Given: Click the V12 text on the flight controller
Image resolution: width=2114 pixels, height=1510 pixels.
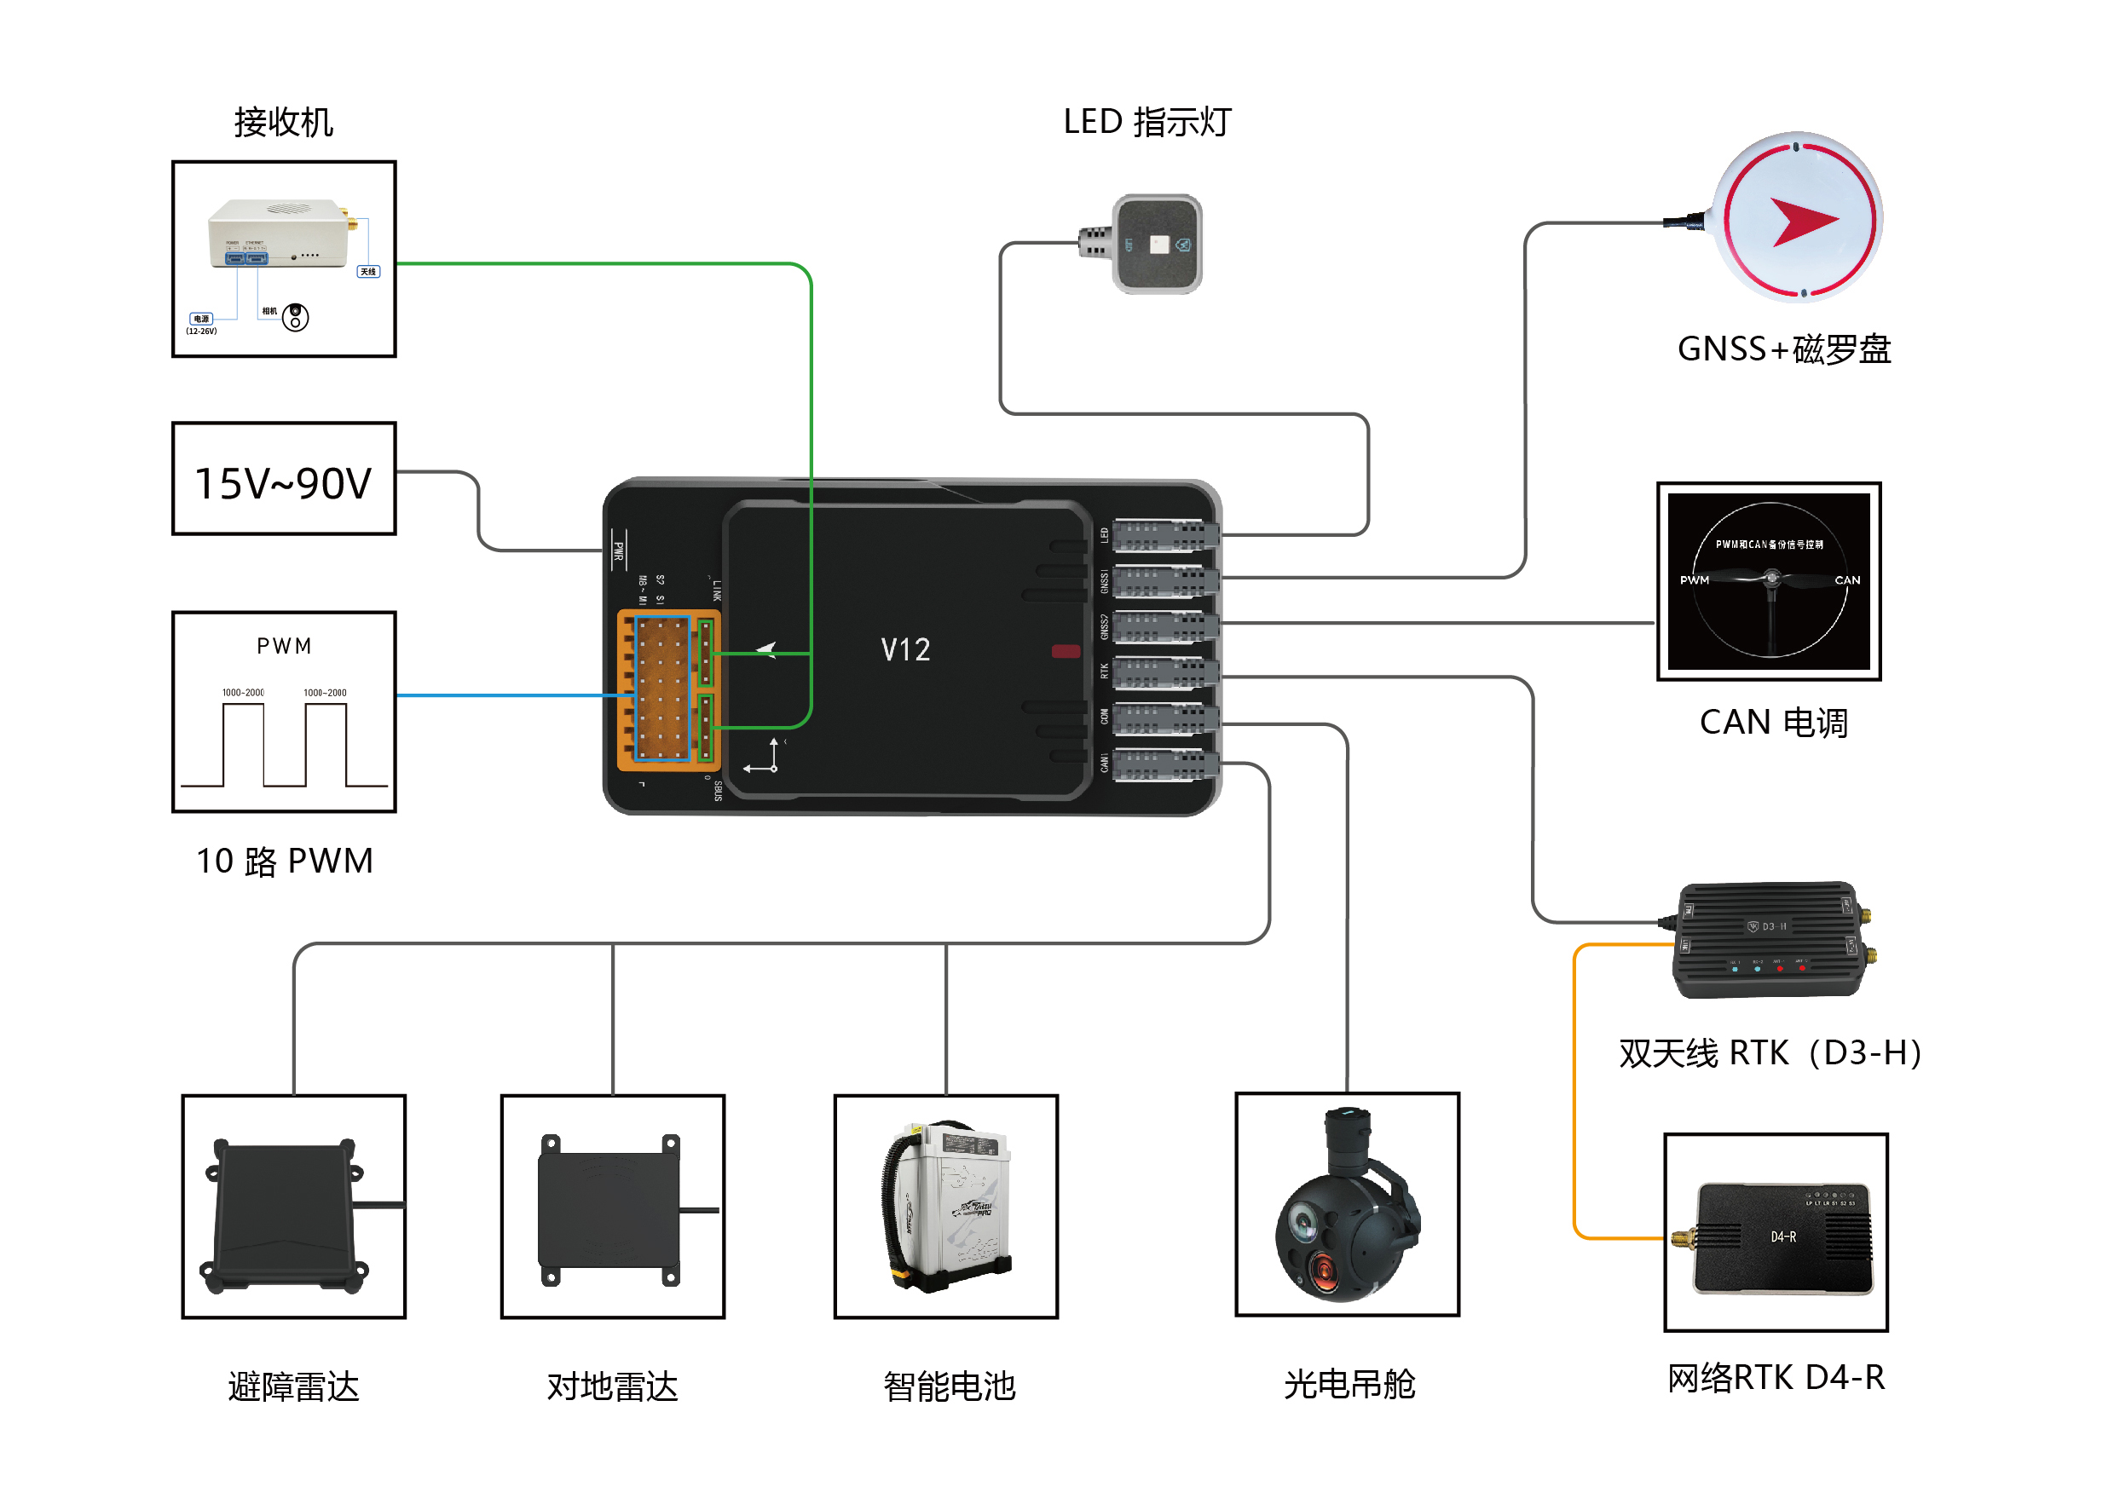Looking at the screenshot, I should click(904, 649).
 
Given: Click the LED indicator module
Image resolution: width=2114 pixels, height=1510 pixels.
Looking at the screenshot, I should click(1156, 244).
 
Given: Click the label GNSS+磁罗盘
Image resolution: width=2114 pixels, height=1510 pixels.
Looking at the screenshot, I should click(1783, 349).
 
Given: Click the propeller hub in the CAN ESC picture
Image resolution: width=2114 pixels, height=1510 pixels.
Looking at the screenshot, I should click(1770, 579).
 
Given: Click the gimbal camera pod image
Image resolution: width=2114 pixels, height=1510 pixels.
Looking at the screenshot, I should click(1345, 1205).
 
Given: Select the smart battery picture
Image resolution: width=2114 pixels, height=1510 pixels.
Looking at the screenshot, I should click(945, 1207).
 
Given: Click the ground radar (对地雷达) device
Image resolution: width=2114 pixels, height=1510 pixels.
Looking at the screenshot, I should click(610, 1208).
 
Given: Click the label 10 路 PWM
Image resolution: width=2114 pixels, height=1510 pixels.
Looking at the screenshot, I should click(284, 860).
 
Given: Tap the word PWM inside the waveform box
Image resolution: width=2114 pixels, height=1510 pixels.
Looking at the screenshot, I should click(284, 645).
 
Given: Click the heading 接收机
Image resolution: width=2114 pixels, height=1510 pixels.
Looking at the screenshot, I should click(283, 122).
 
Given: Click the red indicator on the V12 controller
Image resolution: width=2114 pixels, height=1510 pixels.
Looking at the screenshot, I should click(1065, 651).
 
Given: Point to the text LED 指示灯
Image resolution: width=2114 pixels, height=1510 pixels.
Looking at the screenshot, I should click(1146, 122).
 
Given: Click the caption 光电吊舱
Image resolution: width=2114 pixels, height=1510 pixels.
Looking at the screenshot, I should click(1348, 1384).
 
